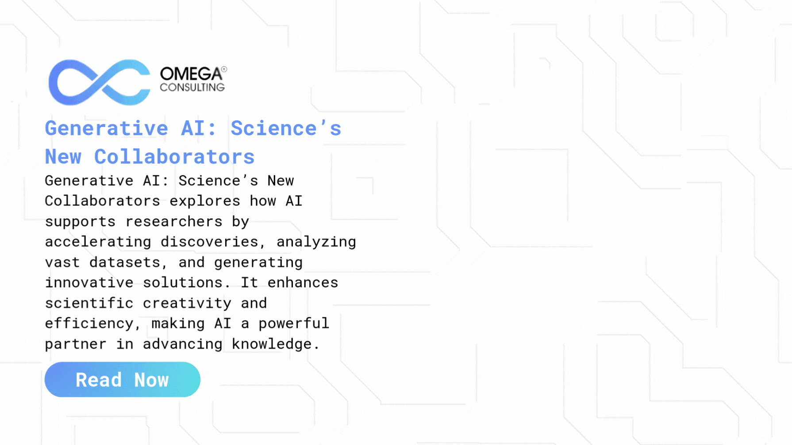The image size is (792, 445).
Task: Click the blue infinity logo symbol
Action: click(99, 83)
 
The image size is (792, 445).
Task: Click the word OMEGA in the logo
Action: click(191, 74)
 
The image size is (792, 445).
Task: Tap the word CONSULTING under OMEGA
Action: click(192, 87)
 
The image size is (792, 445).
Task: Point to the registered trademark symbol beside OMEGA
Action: click(224, 69)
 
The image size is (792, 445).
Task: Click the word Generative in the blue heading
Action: click(106, 129)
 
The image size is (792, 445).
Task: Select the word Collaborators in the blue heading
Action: click(174, 157)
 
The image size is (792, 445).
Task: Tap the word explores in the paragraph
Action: click(204, 201)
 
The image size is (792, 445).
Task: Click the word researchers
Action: click(174, 221)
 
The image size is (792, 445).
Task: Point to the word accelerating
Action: click(98, 242)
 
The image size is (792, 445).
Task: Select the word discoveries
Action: click(209, 242)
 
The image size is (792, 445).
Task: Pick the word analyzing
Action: click(316, 242)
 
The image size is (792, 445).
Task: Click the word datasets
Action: click(125, 262)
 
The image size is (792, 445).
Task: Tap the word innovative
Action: click(89, 282)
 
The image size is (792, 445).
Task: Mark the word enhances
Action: click(303, 282)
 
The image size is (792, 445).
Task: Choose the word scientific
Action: click(89, 303)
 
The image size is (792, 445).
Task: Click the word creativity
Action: click(187, 303)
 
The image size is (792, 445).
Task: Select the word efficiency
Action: click(89, 323)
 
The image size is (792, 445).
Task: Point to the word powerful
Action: click(294, 323)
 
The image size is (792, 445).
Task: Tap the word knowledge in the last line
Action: click(272, 344)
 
